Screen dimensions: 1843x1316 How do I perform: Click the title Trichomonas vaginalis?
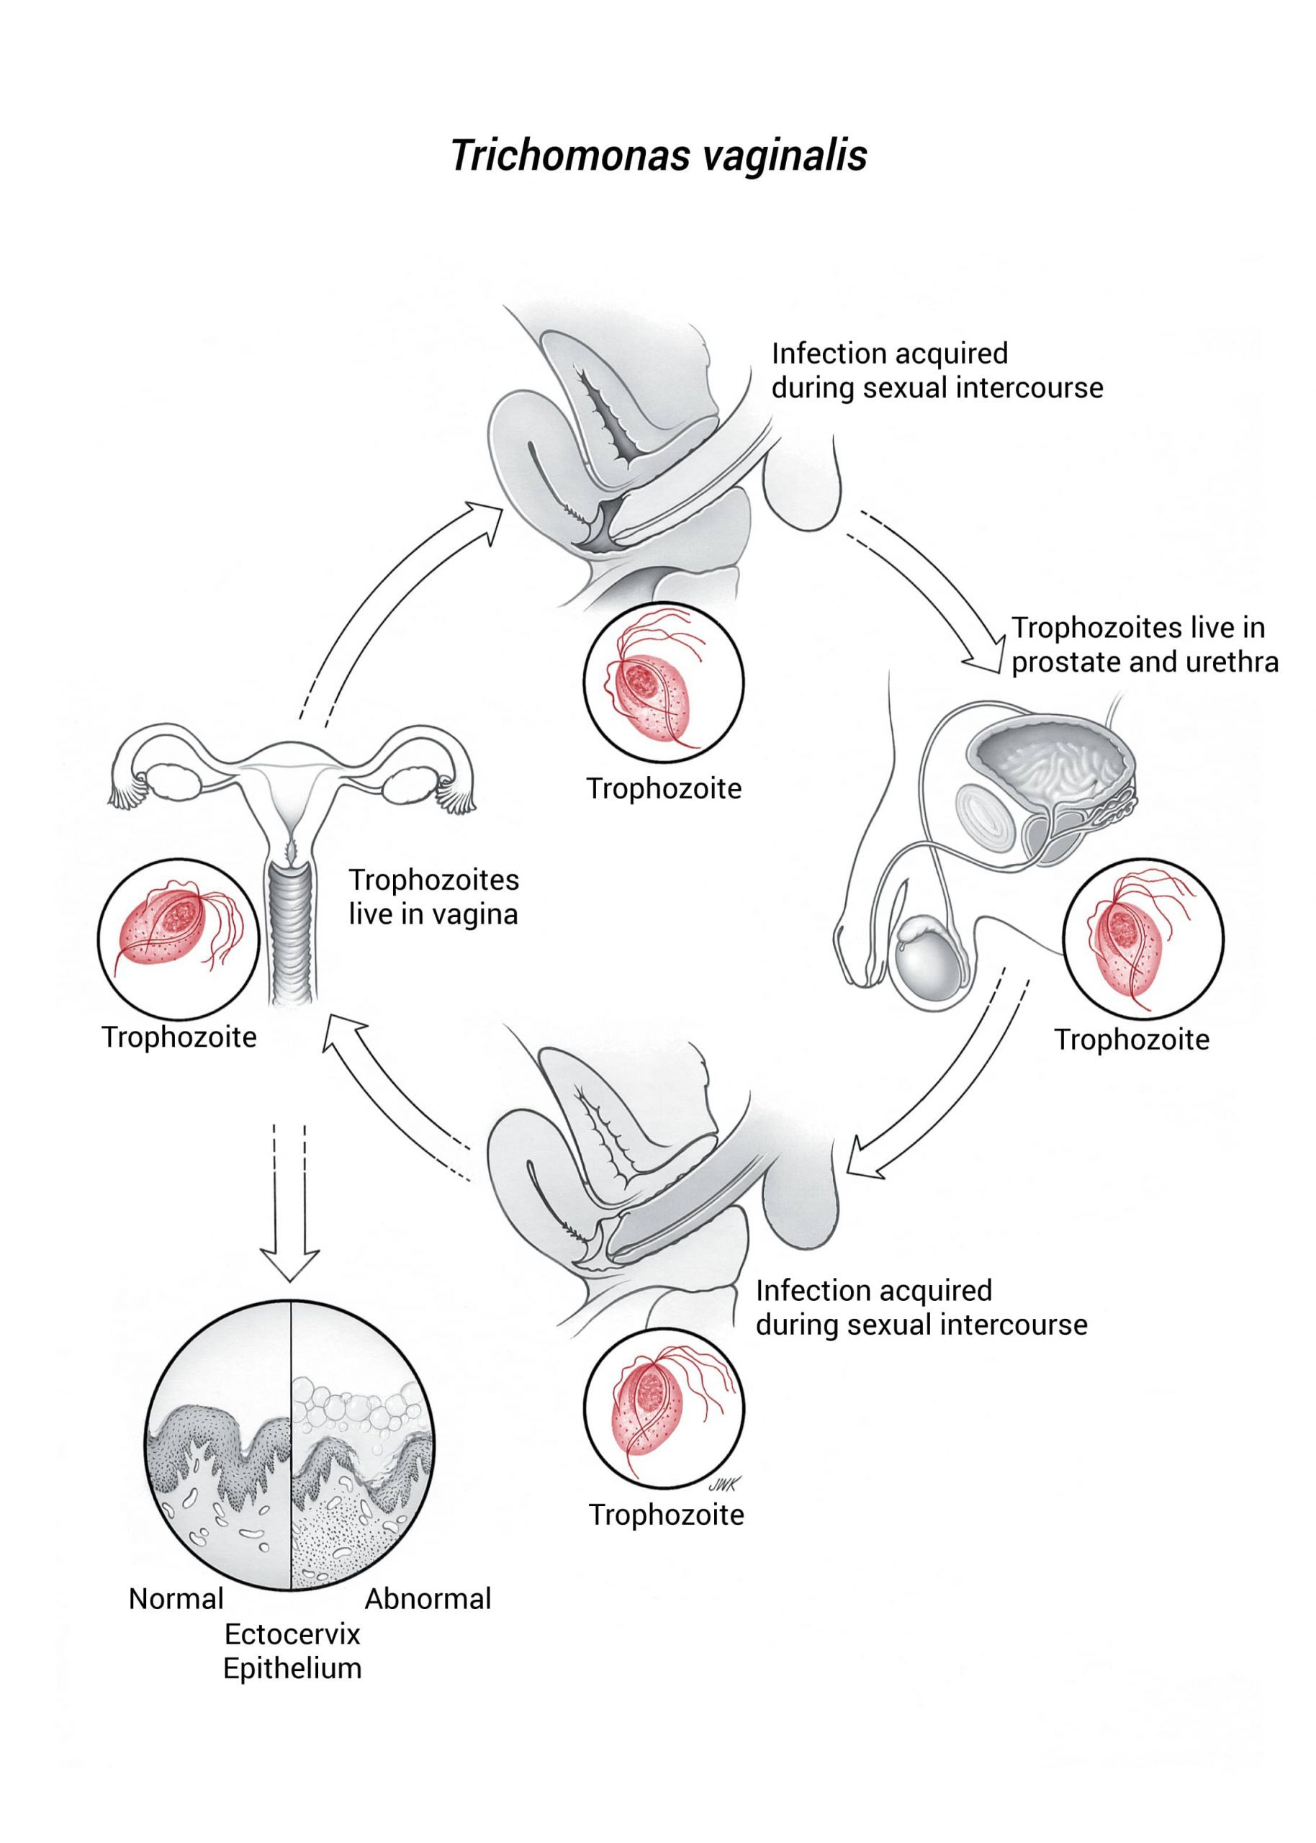pos(658,156)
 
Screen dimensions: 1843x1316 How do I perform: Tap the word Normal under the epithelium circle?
pos(176,1598)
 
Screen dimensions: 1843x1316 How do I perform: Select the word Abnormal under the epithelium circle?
pos(428,1598)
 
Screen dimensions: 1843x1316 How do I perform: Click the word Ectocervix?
pos(292,1634)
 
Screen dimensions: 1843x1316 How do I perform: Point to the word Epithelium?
pos(292,1669)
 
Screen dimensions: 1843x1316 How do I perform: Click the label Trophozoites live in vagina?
pos(433,897)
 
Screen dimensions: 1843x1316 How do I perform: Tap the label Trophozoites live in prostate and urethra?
pos(1144,645)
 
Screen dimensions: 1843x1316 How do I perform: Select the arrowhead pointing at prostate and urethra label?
pos(993,658)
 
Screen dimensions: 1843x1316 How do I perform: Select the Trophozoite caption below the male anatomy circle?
pos(1131,1040)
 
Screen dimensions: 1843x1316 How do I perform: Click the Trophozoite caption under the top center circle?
pos(664,788)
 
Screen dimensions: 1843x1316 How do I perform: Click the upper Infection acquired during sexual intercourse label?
pos(936,370)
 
